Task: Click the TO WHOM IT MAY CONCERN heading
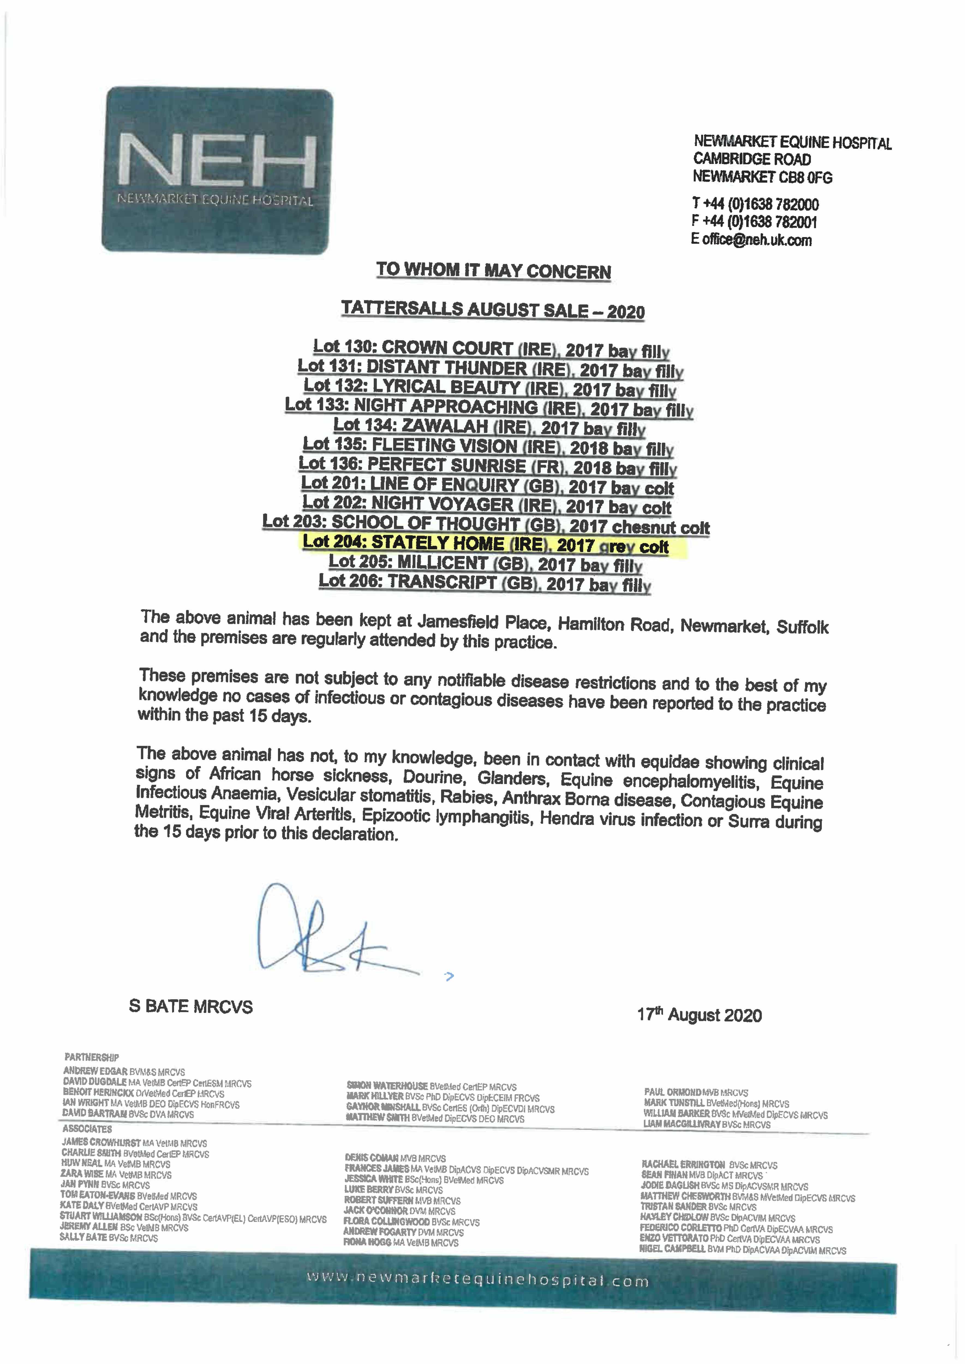(x=493, y=271)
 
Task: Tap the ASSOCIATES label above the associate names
(x=87, y=1129)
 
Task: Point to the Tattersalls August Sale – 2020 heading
(x=493, y=310)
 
